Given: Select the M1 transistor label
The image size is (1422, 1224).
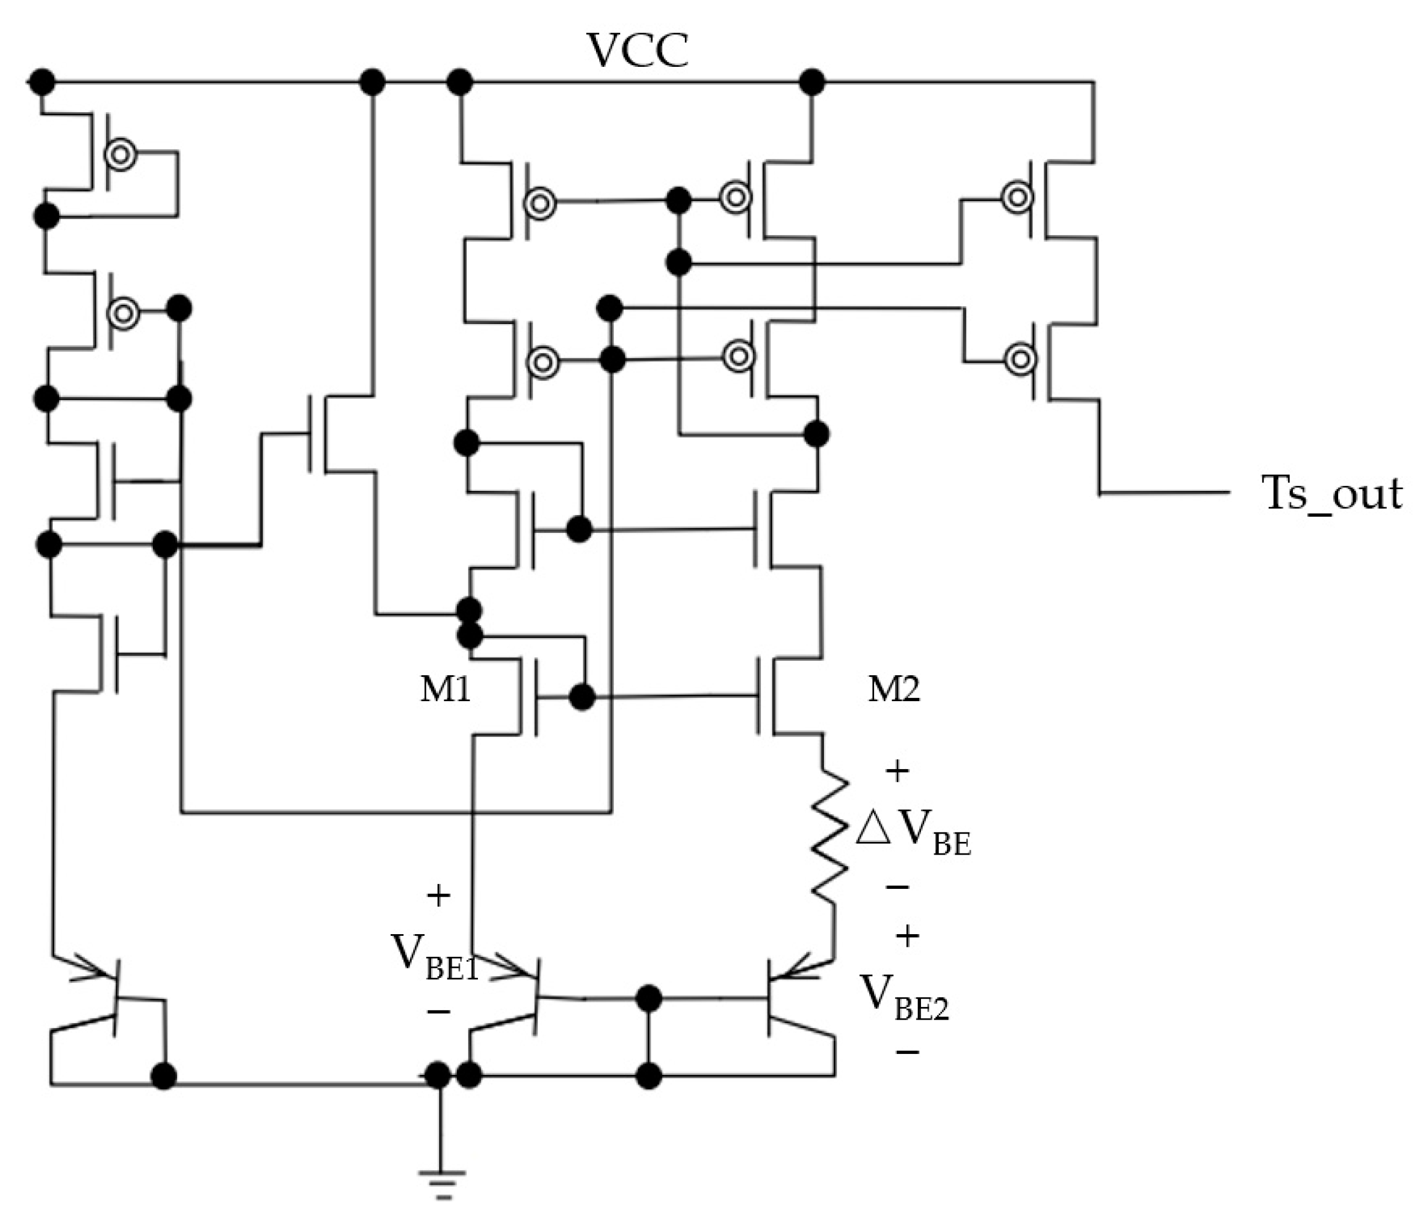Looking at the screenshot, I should point(445,688).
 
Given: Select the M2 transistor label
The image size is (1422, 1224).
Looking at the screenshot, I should point(893,688).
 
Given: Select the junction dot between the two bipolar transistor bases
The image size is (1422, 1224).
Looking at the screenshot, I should point(648,998).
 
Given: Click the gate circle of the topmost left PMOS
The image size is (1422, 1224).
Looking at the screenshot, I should point(121,155).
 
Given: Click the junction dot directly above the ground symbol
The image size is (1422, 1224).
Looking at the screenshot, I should point(438,1075).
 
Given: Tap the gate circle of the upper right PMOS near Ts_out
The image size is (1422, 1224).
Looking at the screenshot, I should point(1017,198).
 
